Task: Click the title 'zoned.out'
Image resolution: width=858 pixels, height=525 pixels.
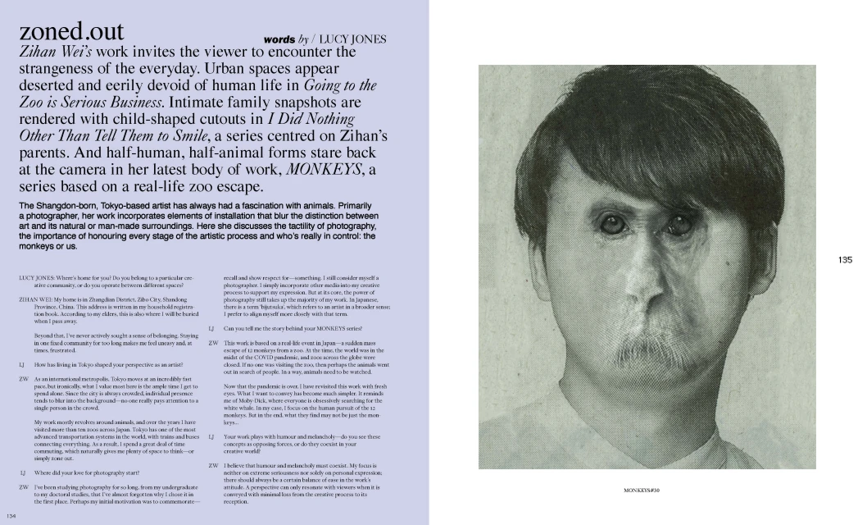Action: pyautogui.click(x=71, y=31)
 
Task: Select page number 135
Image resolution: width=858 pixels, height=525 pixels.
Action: pyautogui.click(x=845, y=260)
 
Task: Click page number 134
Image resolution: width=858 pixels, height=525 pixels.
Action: pyautogui.click(x=11, y=516)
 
